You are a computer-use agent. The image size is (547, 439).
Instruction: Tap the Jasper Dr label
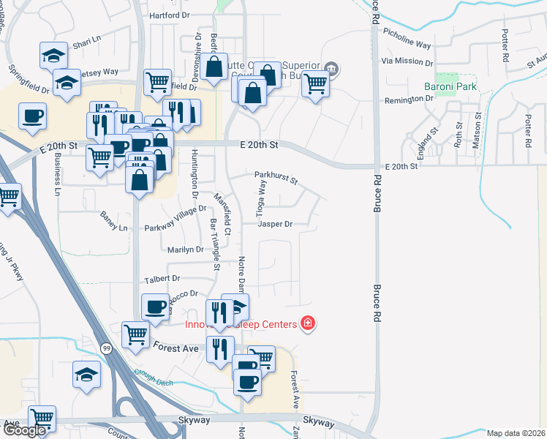[x=275, y=225]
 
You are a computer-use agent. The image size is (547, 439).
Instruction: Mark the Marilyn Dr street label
[x=185, y=249]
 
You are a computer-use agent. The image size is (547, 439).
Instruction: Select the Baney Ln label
[x=113, y=228]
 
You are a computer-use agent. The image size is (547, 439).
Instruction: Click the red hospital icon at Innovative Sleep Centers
[x=308, y=323]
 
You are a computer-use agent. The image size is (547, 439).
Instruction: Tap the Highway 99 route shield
[x=107, y=347]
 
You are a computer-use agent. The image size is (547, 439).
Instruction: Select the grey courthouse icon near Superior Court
[x=331, y=70]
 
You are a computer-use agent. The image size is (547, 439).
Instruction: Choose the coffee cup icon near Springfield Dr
[x=33, y=117]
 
